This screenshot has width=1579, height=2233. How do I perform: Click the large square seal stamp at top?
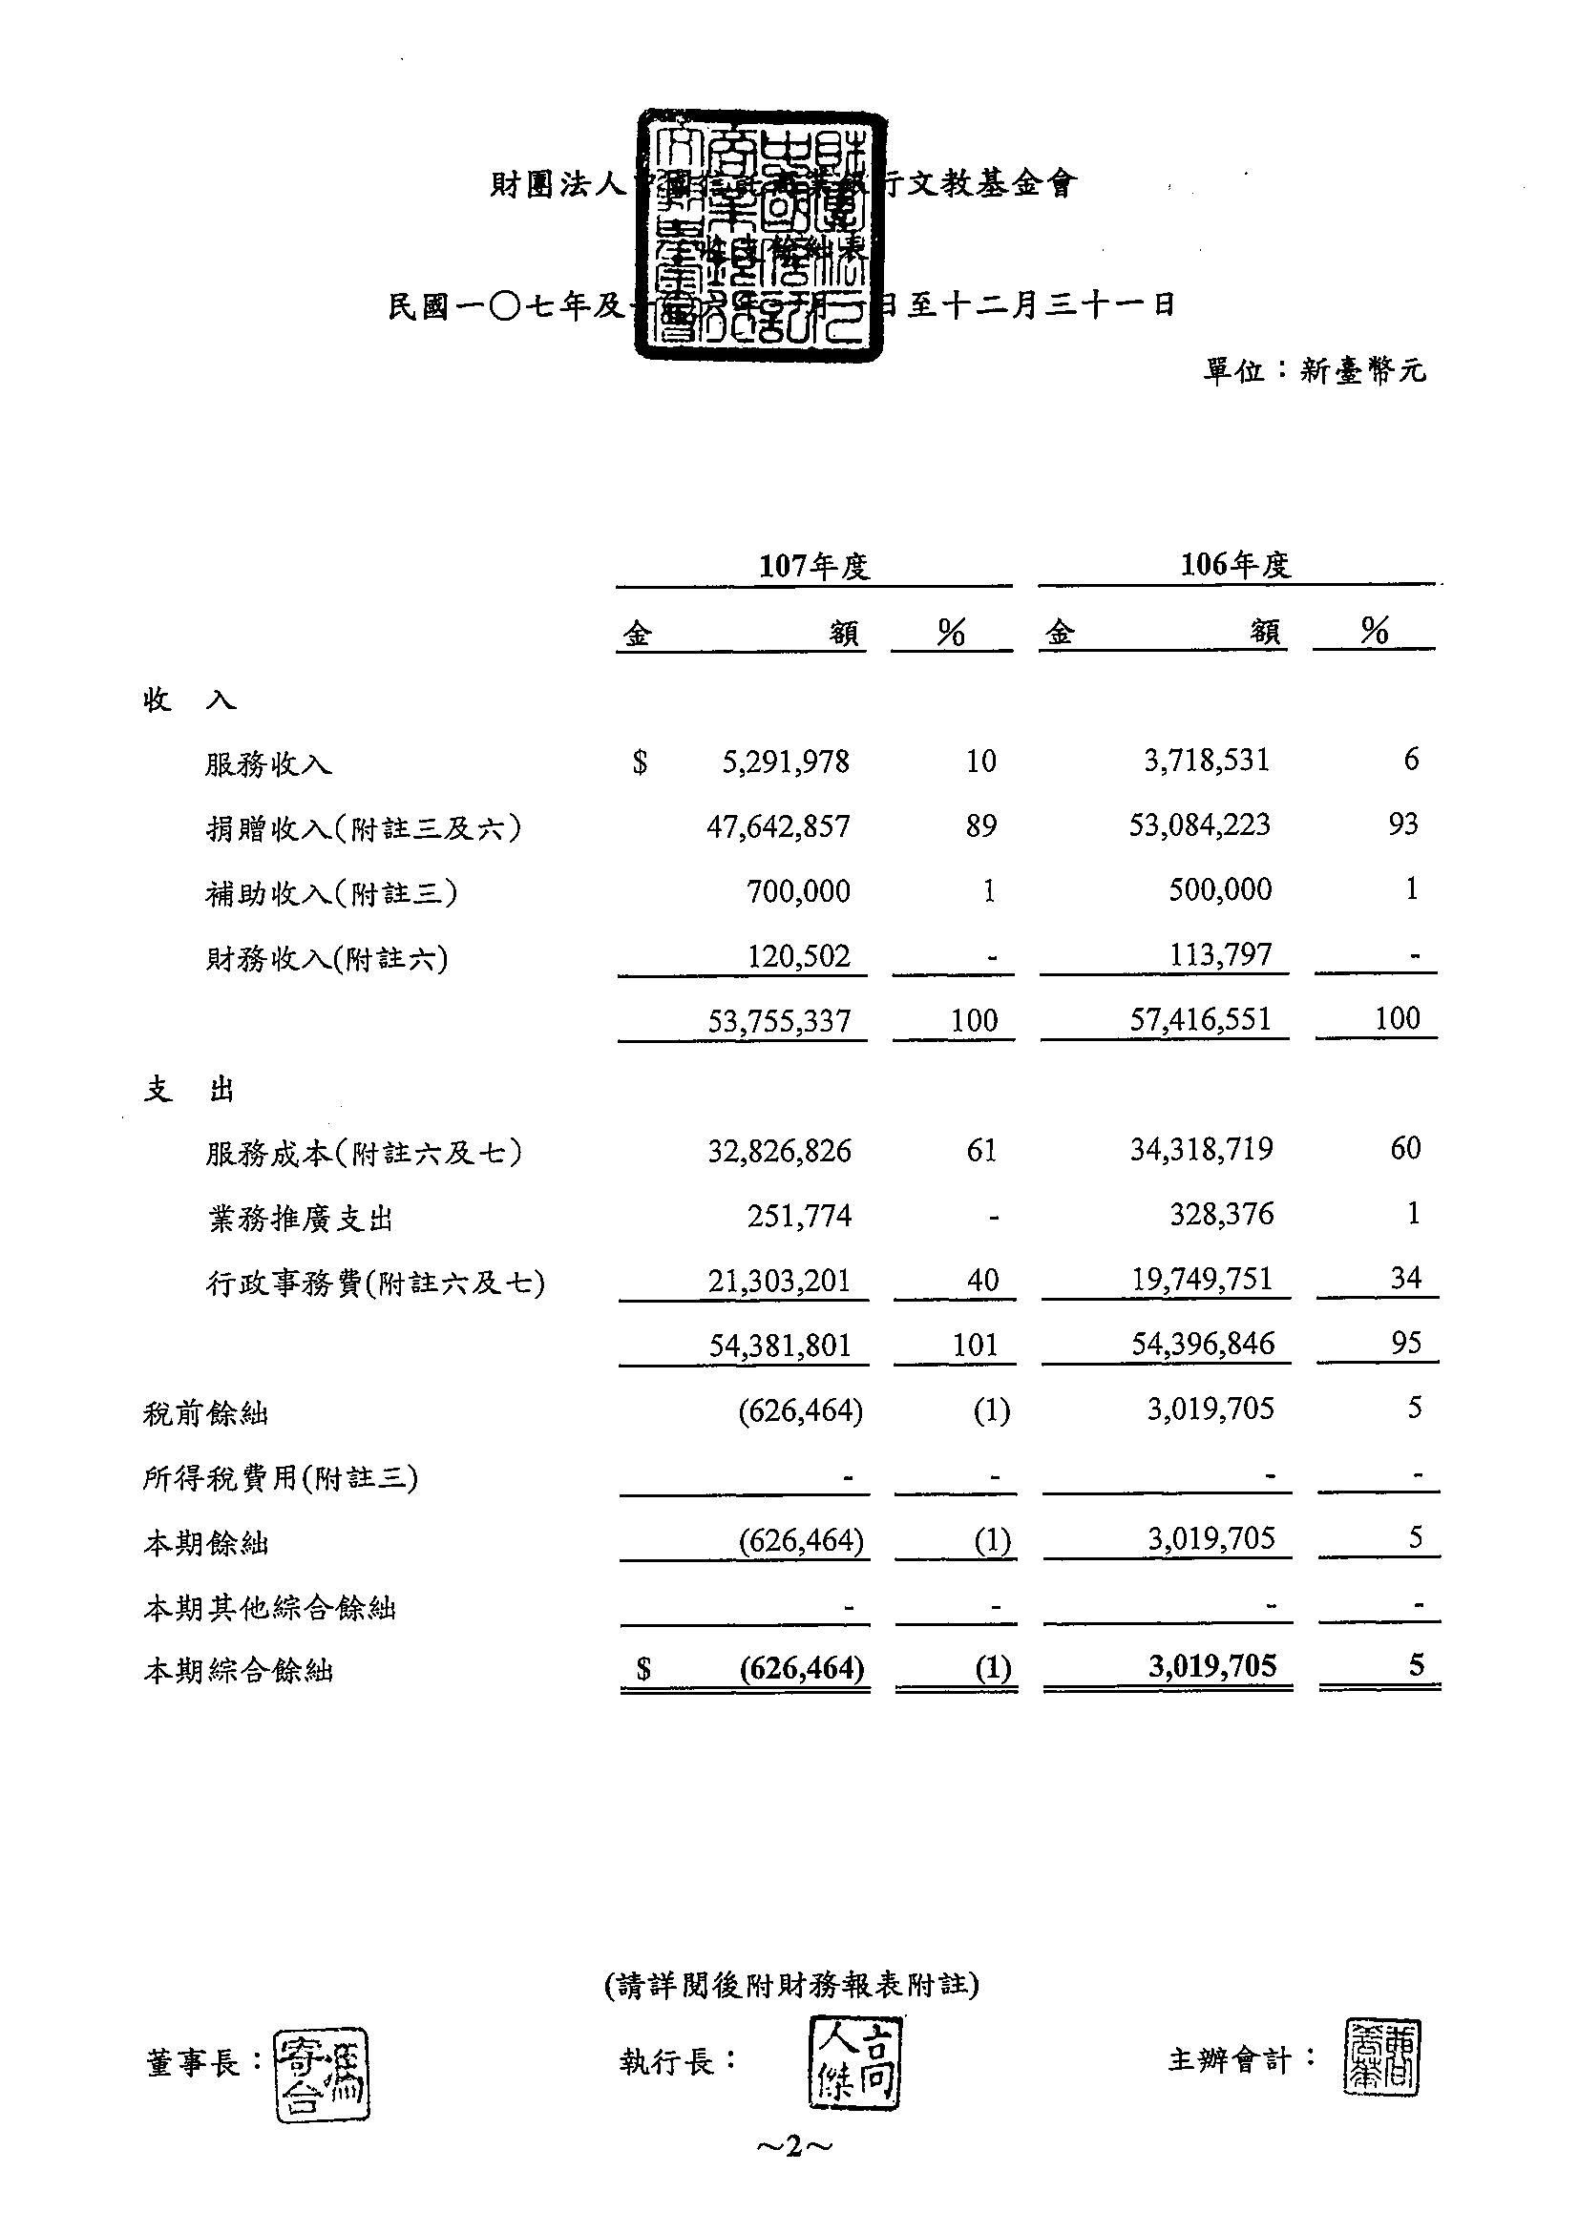pos(762,237)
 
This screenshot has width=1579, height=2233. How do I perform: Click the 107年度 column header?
pos(813,566)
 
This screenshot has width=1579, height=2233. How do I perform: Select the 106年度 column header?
pos(1235,564)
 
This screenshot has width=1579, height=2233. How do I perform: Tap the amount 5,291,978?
pos(785,762)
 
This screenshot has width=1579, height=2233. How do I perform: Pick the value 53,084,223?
pos(1199,825)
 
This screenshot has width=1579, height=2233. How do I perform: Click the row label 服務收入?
pos(268,764)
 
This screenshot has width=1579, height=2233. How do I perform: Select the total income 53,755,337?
pos(780,1020)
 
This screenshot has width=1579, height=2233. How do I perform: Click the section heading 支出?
pos(189,1090)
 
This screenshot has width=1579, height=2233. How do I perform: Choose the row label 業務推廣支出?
pos(301,1219)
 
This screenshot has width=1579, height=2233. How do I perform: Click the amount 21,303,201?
pos(779,1280)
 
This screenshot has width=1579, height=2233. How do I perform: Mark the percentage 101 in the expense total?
pos(975,1346)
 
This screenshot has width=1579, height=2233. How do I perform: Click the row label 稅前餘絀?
pos(205,1413)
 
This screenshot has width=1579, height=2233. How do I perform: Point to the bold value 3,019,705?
pos(1211,1666)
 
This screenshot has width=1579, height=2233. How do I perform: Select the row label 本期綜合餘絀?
pos(239,1671)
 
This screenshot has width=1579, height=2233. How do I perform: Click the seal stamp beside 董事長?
pos(322,2075)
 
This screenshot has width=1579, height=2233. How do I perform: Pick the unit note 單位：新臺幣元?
pos(1315,370)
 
